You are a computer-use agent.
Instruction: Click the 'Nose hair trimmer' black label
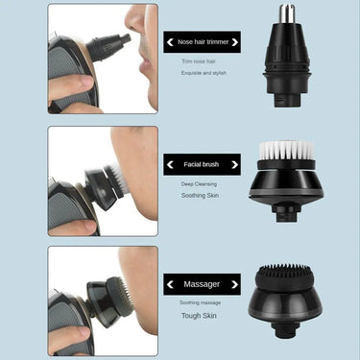click(x=202, y=42)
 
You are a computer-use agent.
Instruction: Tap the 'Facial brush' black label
click(x=202, y=164)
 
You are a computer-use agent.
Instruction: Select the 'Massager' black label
click(x=202, y=285)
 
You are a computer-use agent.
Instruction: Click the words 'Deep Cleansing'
click(x=202, y=182)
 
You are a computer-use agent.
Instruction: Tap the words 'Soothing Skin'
click(x=202, y=195)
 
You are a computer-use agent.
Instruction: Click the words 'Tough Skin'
click(x=202, y=316)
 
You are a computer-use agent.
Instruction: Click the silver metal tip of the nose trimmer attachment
click(x=286, y=14)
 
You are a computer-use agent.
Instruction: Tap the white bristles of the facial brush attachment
click(x=285, y=152)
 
